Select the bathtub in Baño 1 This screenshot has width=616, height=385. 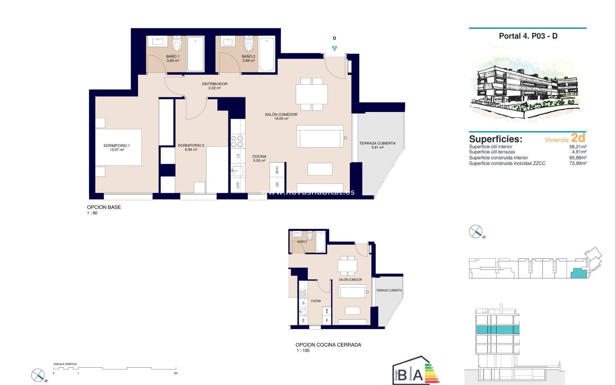point(195,54)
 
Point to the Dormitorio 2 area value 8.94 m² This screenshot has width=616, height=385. point(191,150)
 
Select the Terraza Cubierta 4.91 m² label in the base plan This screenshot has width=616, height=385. point(377,145)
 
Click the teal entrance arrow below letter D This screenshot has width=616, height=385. point(334,48)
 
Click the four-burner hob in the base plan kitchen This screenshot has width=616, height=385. point(237,141)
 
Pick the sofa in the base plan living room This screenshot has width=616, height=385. point(320,136)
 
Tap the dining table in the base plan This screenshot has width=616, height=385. point(312,94)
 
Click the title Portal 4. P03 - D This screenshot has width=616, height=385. point(528,36)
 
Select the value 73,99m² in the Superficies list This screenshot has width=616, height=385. point(578,163)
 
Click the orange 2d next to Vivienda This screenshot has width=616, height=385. point(578,138)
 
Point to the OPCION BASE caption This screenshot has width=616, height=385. point(104,207)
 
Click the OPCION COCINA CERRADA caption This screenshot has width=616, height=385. point(328,345)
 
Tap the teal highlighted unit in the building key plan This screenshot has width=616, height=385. point(578,273)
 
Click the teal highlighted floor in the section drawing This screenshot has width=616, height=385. point(497,329)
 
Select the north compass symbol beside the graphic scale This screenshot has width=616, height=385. point(38,375)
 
